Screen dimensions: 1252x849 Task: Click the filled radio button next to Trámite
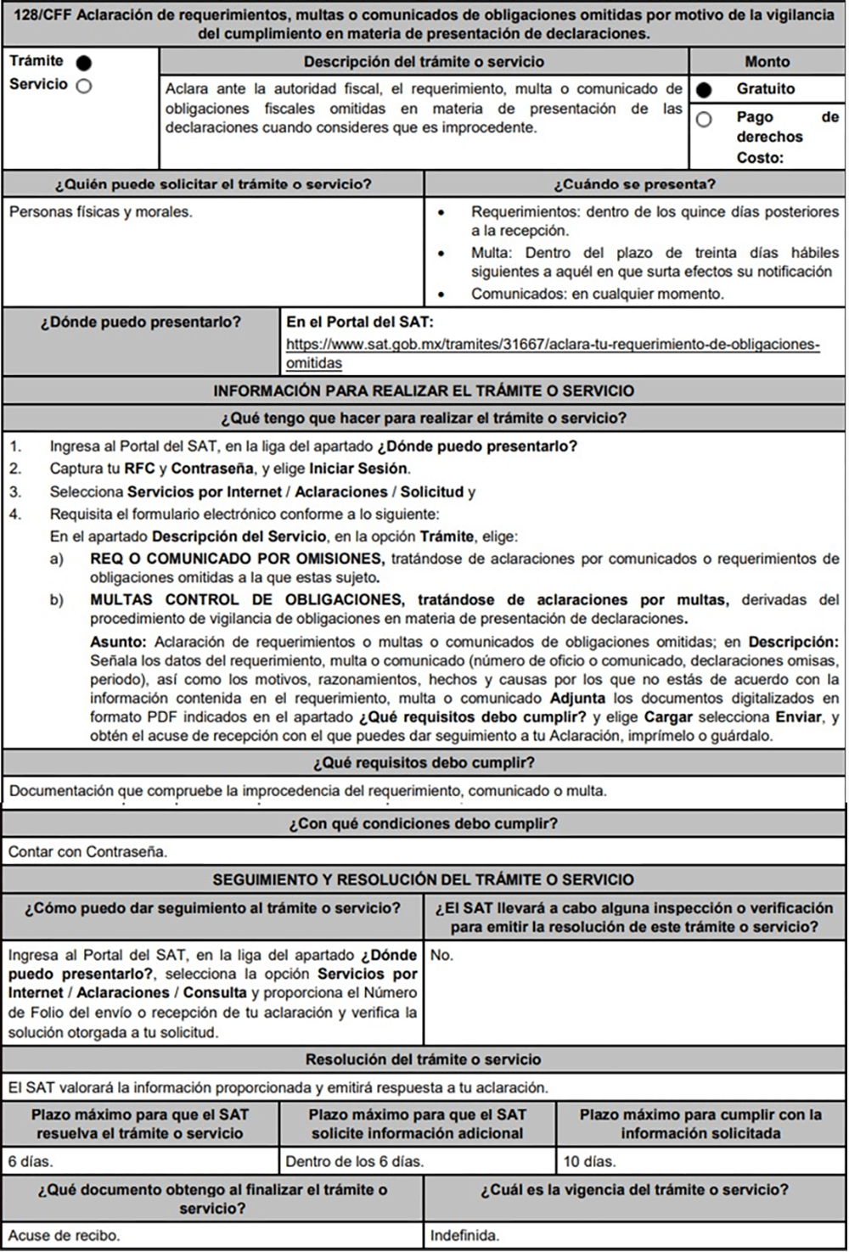click(83, 63)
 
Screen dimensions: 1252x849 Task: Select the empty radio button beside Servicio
click(83, 86)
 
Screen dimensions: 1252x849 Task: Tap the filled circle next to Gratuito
click(704, 90)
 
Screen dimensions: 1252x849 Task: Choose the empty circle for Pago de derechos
click(704, 120)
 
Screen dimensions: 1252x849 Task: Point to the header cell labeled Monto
click(767, 62)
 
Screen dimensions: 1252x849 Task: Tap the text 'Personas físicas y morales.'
click(101, 211)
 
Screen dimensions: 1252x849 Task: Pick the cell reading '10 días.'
click(588, 1161)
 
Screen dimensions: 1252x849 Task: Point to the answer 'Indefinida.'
click(464, 1235)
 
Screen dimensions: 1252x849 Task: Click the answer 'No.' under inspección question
click(441, 955)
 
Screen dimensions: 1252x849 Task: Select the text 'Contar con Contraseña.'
click(87, 851)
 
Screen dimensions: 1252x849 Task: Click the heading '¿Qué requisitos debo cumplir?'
click(424, 763)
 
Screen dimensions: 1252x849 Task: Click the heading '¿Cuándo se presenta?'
click(634, 184)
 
